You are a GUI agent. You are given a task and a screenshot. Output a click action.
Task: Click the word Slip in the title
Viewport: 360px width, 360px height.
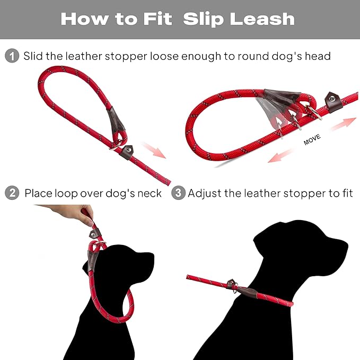click(x=204, y=19)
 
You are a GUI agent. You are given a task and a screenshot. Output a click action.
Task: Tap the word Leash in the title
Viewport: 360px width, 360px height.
click(x=264, y=19)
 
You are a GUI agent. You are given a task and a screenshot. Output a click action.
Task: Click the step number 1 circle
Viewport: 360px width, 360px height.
click(x=12, y=56)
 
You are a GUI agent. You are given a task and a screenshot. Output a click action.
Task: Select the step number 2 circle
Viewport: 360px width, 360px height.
click(x=12, y=193)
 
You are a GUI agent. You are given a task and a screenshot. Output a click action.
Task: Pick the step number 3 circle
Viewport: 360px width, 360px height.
click(x=179, y=193)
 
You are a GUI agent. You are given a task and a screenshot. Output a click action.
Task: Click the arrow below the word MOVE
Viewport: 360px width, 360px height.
click(x=281, y=155)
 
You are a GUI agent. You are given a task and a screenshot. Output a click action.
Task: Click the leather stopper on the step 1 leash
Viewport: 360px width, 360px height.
click(x=117, y=121)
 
